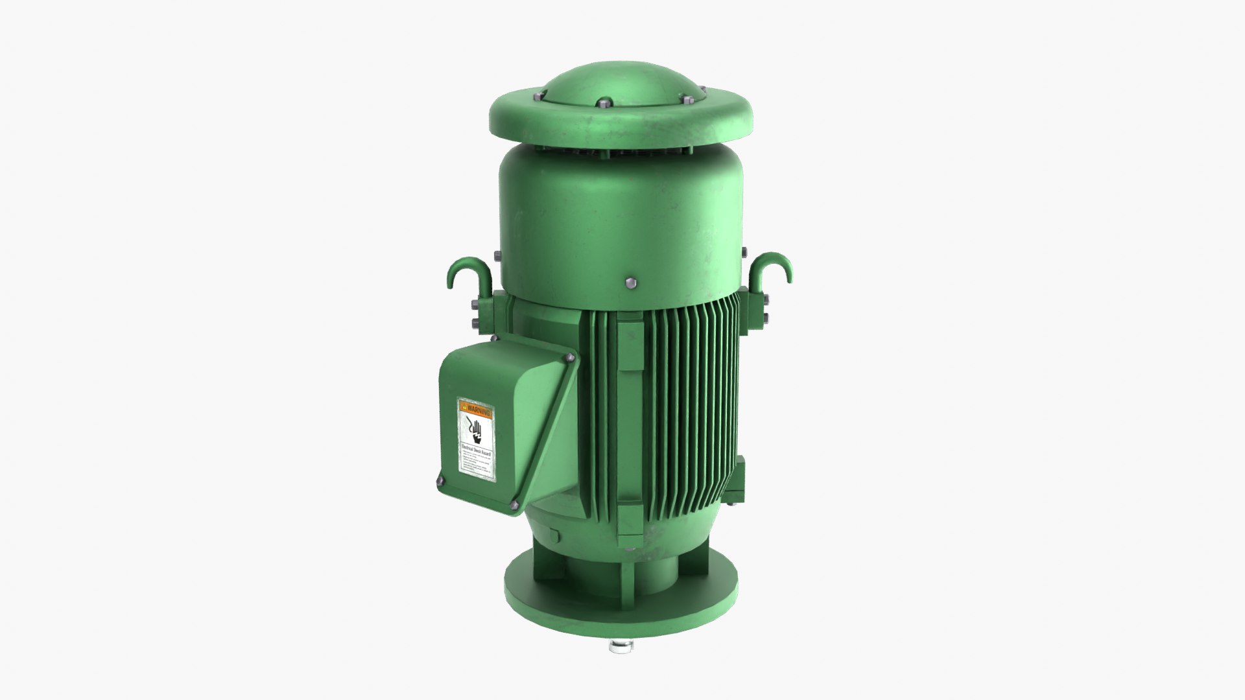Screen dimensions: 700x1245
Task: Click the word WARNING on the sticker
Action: pos(479,410)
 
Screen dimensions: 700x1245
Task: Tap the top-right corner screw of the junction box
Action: pos(570,358)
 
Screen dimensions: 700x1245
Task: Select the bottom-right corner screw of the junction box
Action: pos(515,506)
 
